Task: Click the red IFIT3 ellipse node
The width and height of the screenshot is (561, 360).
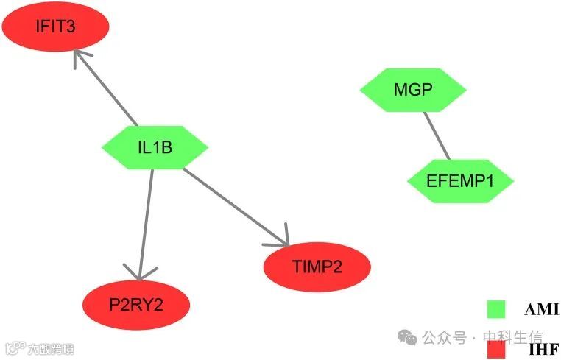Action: coord(55,27)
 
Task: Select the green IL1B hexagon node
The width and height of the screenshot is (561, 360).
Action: coord(155,147)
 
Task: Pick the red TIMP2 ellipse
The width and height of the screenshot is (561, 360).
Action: coord(317,267)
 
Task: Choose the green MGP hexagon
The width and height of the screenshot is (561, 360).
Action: coord(413,90)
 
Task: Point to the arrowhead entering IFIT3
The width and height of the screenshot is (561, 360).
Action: coord(80,56)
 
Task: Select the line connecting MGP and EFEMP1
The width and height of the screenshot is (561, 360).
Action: coord(437,135)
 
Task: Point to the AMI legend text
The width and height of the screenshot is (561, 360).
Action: coord(541,310)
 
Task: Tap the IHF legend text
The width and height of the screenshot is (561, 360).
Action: coord(543,350)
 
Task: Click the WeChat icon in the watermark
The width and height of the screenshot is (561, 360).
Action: coord(407,337)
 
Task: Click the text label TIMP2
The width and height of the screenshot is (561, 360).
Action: coord(317,267)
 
